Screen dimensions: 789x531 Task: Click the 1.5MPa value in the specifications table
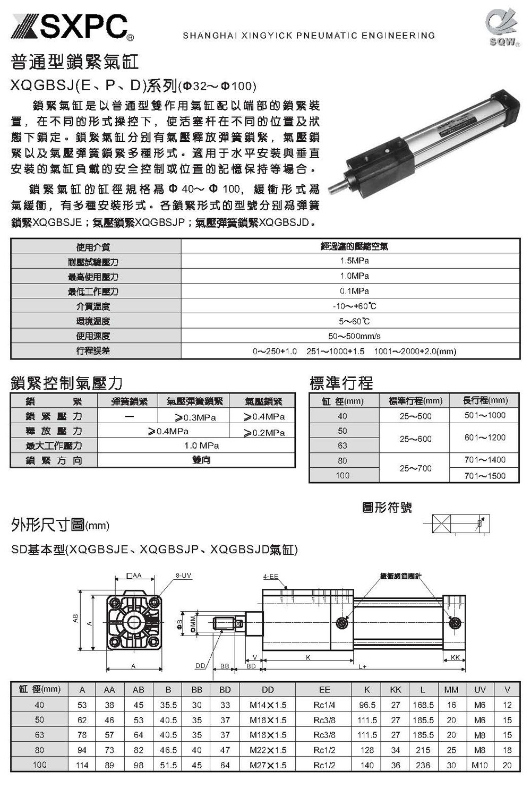tap(354, 261)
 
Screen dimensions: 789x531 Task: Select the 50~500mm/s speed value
tap(354, 336)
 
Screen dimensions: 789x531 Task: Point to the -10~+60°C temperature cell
tap(354, 306)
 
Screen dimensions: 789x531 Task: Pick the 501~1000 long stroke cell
tap(485, 415)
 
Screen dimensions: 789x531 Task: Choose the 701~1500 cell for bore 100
tap(485, 476)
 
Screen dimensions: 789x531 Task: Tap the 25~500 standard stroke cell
tap(415, 416)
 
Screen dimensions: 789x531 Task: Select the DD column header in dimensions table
tap(268, 690)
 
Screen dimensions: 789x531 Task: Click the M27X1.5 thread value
tap(268, 765)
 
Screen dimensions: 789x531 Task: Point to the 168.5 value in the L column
tap(423, 705)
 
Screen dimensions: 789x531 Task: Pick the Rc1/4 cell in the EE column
tap(324, 705)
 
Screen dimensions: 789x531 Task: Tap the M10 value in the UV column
tap(479, 765)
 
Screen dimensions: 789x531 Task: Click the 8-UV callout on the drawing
tap(183, 576)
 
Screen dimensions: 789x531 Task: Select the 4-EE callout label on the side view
tap(270, 577)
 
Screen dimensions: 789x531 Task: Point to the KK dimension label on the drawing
tap(455, 657)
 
